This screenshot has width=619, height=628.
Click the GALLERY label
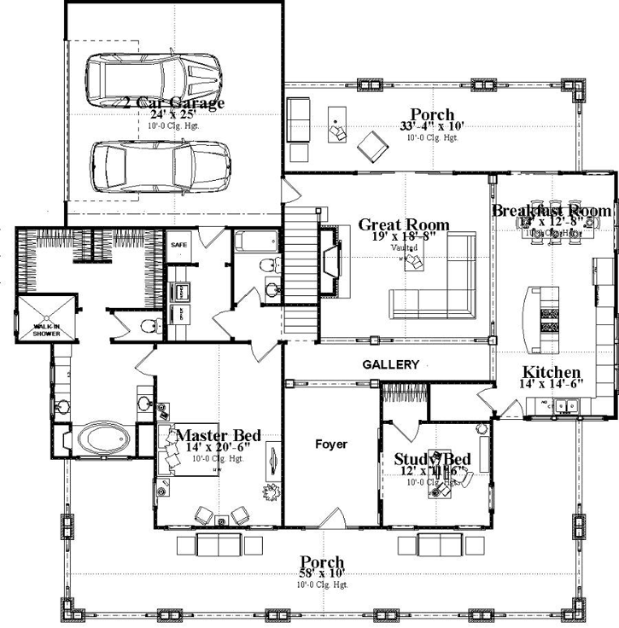[391, 365]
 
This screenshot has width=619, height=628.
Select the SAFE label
[178, 244]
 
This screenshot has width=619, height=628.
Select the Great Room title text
[404, 224]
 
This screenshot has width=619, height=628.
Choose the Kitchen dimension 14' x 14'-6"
[552, 386]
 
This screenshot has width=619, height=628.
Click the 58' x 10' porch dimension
[322, 574]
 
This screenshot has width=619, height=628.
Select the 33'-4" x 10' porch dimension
[431, 126]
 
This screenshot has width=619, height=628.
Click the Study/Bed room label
[433, 458]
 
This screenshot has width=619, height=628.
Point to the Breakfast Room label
[551, 210]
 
